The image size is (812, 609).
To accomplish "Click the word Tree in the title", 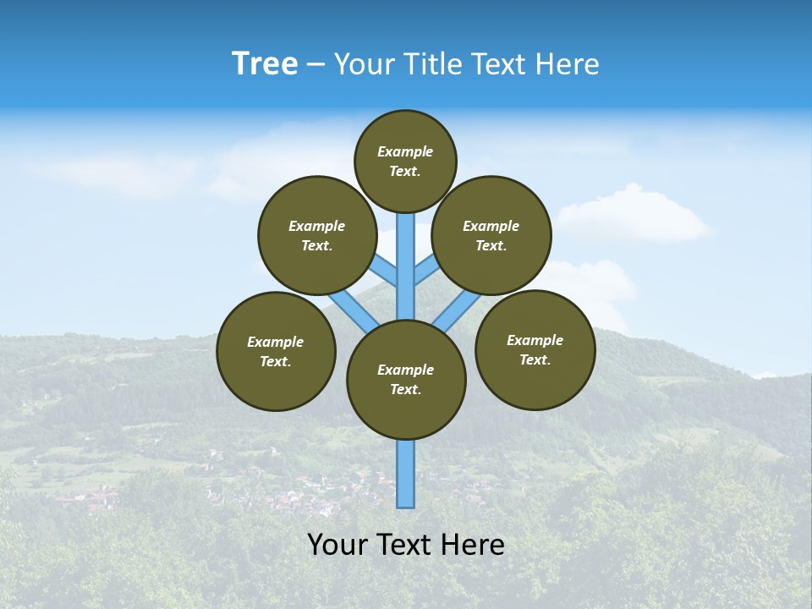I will [x=265, y=64].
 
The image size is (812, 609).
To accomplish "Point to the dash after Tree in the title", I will [x=315, y=65].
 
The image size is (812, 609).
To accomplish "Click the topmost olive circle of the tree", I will [x=405, y=161].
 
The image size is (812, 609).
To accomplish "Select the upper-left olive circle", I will [x=317, y=235].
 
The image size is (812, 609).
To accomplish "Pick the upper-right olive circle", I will [x=491, y=235].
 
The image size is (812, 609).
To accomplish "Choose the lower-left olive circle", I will [x=276, y=351].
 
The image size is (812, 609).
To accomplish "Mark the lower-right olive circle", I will [x=535, y=349].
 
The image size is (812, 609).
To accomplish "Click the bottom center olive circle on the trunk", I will [x=406, y=380].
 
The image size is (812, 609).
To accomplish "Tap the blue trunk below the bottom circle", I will [x=406, y=474].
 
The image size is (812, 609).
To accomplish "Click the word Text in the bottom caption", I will [x=408, y=545].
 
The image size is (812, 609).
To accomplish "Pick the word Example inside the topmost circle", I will [x=405, y=151].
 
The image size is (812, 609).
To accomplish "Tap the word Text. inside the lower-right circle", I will [x=535, y=359].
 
